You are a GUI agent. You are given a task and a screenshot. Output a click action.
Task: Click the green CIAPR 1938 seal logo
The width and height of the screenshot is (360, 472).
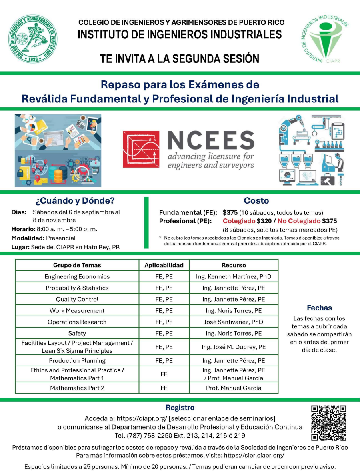pos(33,39)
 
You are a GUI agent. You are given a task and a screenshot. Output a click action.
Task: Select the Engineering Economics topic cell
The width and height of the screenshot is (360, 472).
pos(77,276)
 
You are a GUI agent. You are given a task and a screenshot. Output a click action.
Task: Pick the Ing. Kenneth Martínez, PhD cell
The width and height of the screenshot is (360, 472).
pos(234,276)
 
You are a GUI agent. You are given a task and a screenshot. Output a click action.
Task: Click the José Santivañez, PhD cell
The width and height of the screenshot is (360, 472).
pos(234,322)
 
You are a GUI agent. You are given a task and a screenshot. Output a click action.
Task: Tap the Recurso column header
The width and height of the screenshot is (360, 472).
pos(234,265)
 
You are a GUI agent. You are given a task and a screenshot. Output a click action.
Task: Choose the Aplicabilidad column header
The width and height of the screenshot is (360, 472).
pos(164,265)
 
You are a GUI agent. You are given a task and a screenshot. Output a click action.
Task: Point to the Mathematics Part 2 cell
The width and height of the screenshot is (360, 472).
pos(77,388)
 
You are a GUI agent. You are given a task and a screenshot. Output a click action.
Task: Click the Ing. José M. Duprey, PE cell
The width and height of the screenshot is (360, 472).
pos(234,347)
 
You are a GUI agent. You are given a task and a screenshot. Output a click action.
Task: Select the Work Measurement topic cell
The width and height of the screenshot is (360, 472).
pos(77,310)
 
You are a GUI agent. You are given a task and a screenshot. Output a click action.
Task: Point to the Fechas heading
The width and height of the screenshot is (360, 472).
pos(319,308)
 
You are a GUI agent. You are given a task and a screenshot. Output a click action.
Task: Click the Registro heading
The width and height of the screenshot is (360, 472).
pos(180,408)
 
